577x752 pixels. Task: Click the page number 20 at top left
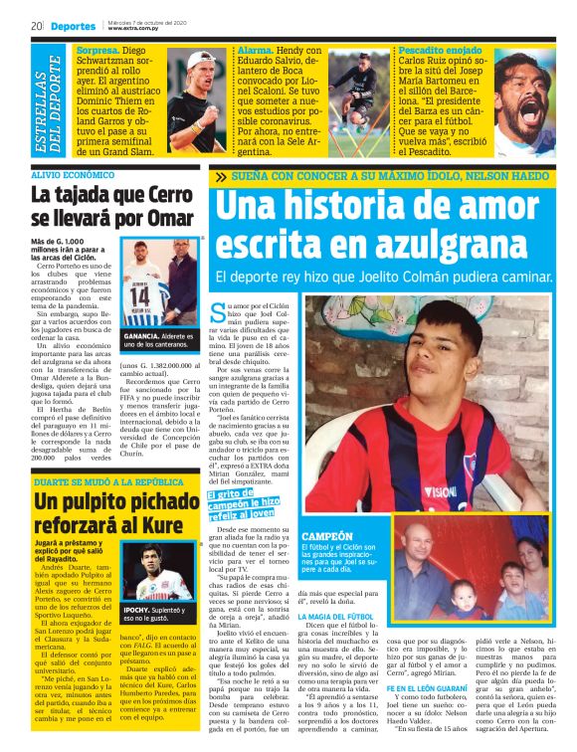35,25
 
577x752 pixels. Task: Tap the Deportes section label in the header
74,26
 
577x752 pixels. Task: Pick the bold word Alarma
257,50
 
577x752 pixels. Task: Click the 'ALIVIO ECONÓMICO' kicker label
72,174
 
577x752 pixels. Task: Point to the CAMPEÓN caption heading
325,536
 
